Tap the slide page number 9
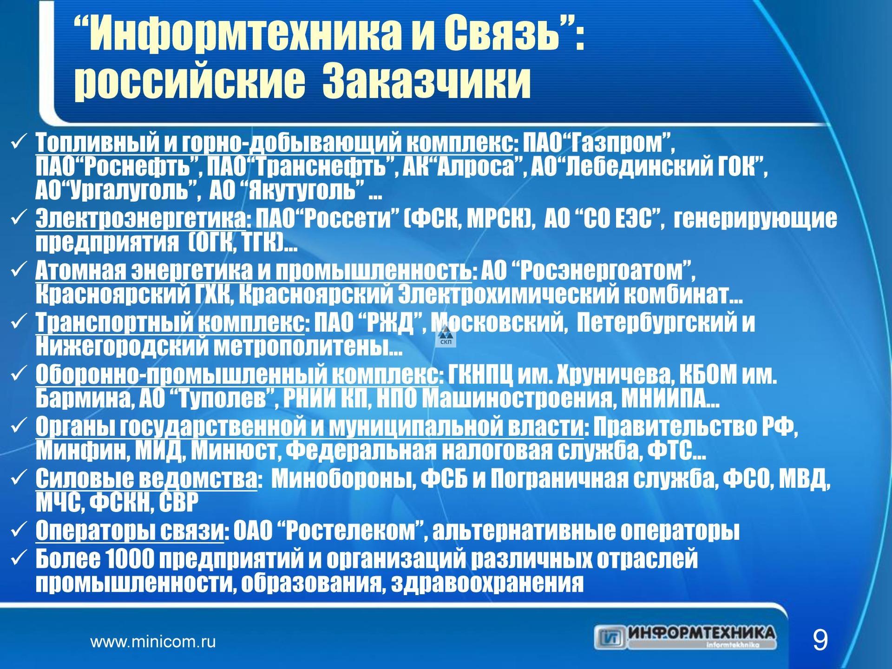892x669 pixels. tap(820, 640)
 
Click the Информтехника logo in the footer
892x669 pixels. tap(685, 637)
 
